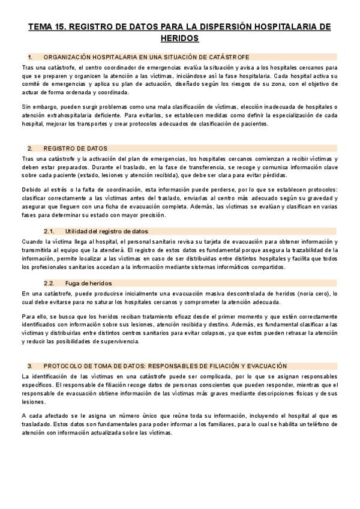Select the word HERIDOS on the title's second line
(180, 38)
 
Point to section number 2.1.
(50, 231)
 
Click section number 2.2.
(50, 283)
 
